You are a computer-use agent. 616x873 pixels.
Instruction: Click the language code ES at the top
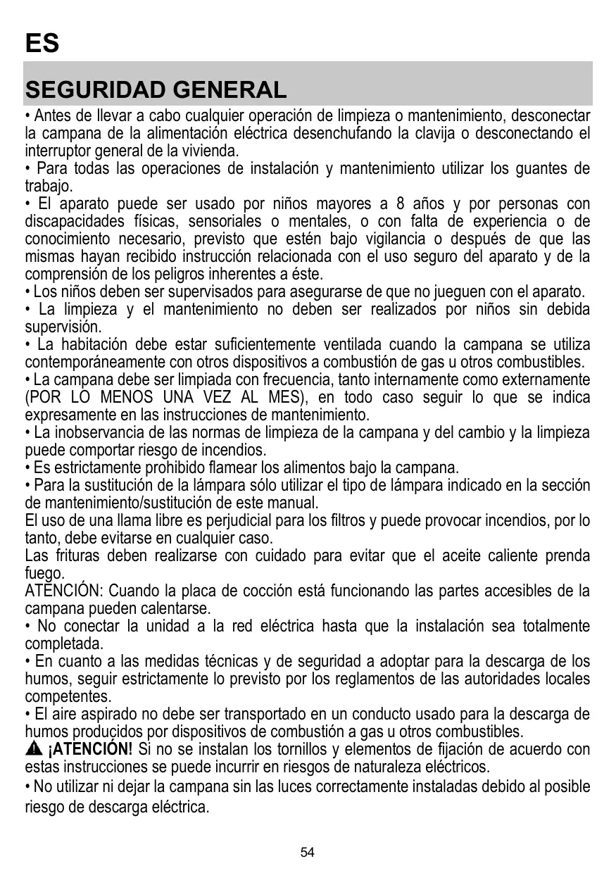point(42,44)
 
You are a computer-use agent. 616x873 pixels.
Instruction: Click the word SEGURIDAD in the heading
point(94,90)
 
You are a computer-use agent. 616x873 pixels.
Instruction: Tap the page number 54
point(308,853)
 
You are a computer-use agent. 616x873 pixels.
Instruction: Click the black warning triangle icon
point(34,748)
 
